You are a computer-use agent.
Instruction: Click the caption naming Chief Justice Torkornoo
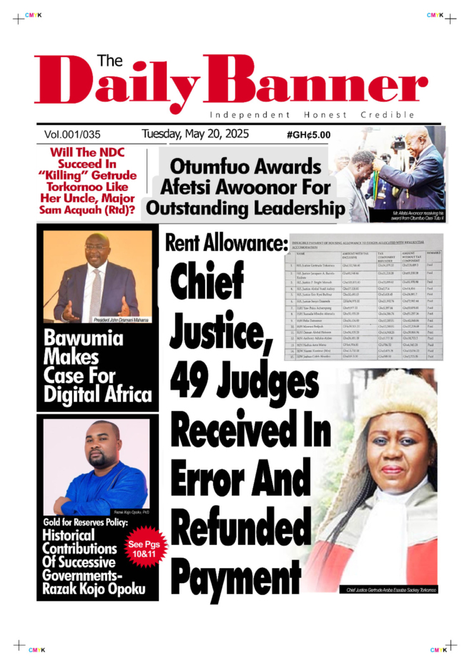(x=390, y=590)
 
